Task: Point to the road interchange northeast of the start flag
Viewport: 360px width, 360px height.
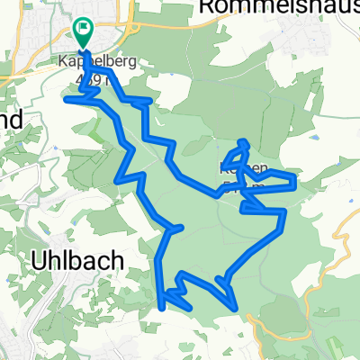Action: pos(133,36)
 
